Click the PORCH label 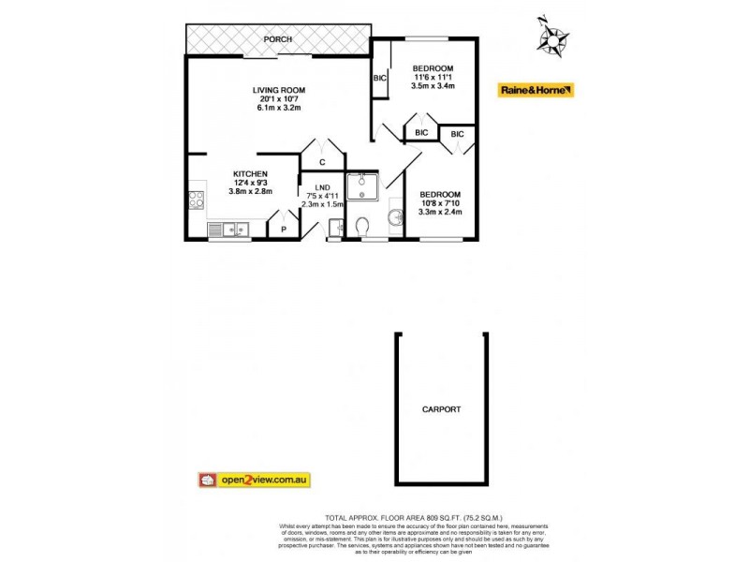(x=278, y=39)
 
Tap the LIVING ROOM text (x=279, y=91)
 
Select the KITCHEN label (x=250, y=174)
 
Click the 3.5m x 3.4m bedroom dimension (x=433, y=86)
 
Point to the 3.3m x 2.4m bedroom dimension (x=440, y=211)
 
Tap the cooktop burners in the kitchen (x=197, y=200)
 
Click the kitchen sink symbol (x=228, y=228)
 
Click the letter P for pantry (x=284, y=228)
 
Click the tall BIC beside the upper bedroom (x=380, y=79)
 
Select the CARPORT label (x=441, y=409)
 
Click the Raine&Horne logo (x=536, y=91)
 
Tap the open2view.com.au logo (x=254, y=480)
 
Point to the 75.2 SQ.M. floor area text (x=479, y=516)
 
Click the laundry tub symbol (x=334, y=227)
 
